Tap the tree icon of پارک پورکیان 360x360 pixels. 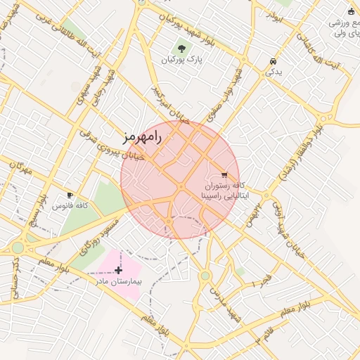(182, 49)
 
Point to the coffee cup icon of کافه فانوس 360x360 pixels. (70, 194)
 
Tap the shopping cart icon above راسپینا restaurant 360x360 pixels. (224, 174)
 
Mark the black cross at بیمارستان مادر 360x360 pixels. (118, 270)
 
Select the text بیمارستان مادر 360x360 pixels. (120, 281)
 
